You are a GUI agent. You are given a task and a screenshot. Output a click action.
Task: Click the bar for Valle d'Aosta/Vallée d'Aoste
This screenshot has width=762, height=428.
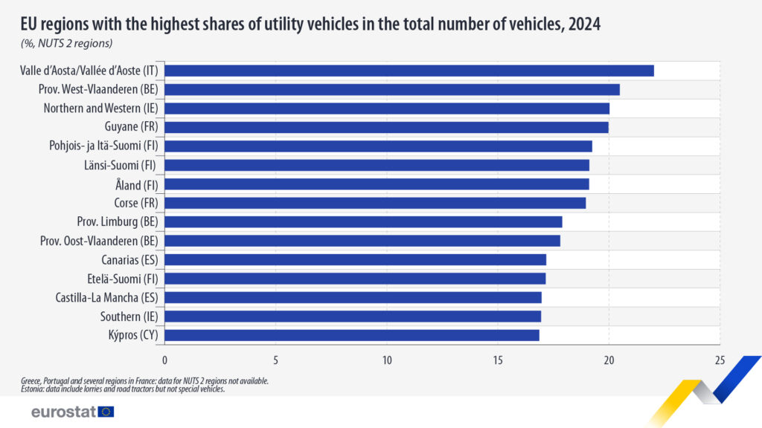(409, 71)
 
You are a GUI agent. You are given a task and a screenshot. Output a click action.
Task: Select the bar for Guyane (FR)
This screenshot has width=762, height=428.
(386, 127)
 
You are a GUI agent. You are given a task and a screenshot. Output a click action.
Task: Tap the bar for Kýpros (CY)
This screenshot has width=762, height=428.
(351, 335)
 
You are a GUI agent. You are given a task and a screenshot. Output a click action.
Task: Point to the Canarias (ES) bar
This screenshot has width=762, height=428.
(355, 259)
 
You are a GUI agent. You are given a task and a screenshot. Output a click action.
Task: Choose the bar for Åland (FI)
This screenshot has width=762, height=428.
(377, 184)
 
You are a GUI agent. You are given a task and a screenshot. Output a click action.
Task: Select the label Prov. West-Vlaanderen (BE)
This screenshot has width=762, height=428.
(99, 89)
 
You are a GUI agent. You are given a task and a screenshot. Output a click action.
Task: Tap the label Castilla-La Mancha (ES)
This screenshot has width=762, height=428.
(107, 297)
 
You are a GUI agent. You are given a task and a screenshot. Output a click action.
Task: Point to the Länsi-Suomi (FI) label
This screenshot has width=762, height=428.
(118, 165)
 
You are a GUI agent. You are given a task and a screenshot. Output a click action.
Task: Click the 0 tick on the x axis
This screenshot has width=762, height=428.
(164, 360)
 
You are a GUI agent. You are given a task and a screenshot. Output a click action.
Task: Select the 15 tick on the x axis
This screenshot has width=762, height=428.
(498, 360)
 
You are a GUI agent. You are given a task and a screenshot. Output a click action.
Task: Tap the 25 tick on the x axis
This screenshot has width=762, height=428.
(720, 360)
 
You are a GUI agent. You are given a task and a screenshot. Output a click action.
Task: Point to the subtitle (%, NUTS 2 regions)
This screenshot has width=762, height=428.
(66, 43)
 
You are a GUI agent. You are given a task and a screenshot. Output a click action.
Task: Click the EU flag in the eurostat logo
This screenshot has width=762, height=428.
(106, 412)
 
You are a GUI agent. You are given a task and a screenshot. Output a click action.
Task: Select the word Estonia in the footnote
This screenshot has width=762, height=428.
(33, 389)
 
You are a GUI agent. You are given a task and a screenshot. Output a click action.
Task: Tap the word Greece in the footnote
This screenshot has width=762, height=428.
(33, 381)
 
